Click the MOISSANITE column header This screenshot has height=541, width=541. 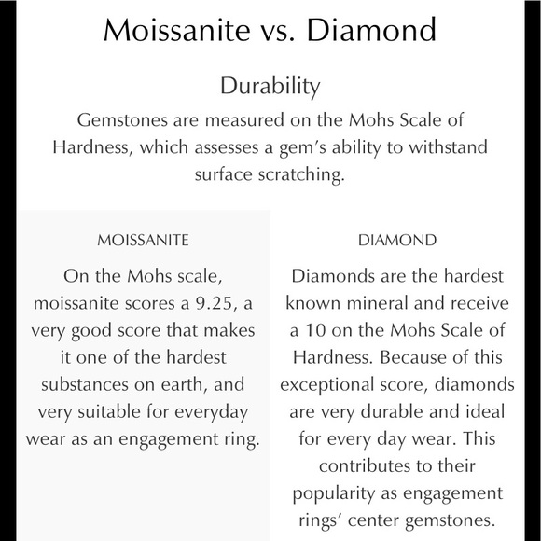pyautogui.click(x=143, y=241)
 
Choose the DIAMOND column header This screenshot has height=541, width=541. pyautogui.click(x=396, y=241)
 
